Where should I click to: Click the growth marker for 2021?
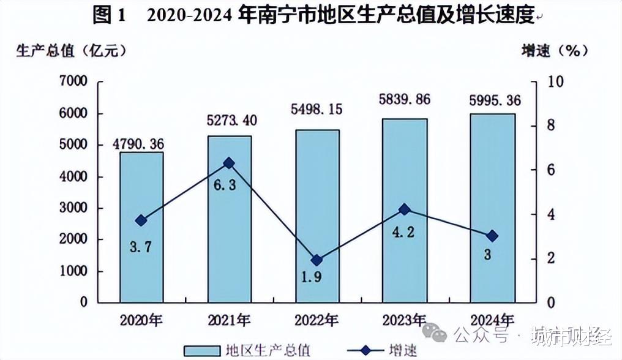click(229, 163)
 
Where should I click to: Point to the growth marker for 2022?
click(317, 260)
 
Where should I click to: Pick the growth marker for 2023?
click(404, 209)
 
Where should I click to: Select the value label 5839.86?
click(405, 100)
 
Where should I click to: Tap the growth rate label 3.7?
click(142, 247)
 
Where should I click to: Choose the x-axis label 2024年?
click(492, 320)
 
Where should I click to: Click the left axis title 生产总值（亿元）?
click(72, 51)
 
